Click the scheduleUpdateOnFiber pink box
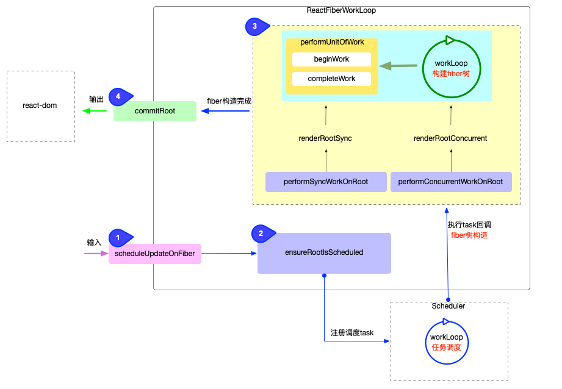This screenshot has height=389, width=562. point(154,253)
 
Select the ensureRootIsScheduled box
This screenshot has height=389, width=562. point(323,252)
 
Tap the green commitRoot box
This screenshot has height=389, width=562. point(154,111)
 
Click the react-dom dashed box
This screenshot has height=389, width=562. point(40,106)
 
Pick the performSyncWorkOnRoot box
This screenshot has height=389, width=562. point(325,182)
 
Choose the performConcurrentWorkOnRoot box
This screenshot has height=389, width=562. point(450,182)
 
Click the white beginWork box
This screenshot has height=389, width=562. point(331,59)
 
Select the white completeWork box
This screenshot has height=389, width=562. point(331,79)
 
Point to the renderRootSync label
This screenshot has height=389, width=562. point(325,138)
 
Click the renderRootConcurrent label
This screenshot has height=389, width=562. point(450,138)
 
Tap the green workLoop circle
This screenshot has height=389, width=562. point(451,68)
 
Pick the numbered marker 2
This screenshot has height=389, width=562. point(261,233)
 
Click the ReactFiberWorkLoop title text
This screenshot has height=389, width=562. point(340,12)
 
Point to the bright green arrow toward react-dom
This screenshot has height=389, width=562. point(95,111)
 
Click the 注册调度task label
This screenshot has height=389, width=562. point(351,333)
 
